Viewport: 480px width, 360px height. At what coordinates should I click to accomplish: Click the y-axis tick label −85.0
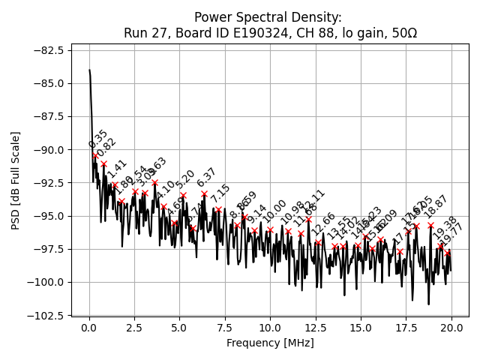coord(47,83)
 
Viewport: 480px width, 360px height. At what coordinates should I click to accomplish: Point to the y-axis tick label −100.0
coord(44,282)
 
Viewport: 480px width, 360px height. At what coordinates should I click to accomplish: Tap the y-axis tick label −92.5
coord(47,182)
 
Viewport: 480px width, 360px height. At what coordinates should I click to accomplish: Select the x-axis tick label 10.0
coord(271,328)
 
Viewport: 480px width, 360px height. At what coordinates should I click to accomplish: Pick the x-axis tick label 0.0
coord(89,328)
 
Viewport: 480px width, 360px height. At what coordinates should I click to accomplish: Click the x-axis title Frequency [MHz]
coord(270,343)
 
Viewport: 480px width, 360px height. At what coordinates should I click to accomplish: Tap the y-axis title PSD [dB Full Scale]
coord(15,180)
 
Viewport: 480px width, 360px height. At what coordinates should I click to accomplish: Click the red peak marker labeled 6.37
coord(204,193)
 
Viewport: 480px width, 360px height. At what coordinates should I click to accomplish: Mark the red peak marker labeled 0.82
coord(103,163)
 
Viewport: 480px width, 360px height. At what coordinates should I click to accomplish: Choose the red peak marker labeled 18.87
coord(430,225)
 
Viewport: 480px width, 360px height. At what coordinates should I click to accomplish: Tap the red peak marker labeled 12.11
coord(308,219)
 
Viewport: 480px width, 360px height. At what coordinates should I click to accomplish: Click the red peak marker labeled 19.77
coord(447,253)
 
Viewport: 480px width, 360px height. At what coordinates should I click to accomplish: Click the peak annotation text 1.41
coord(117,169)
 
